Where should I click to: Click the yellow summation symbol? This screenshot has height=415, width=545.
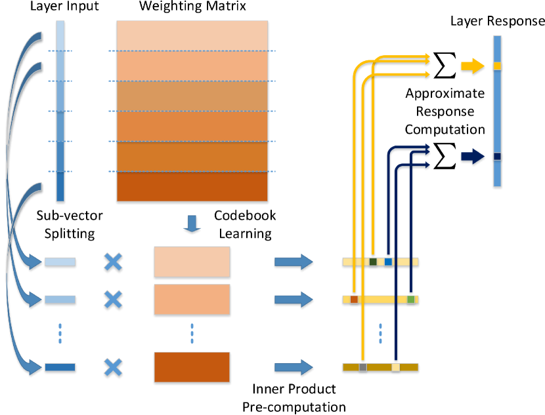click(445, 65)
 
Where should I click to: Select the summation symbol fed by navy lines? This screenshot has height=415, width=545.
click(445, 156)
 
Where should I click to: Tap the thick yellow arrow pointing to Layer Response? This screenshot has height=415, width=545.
click(472, 66)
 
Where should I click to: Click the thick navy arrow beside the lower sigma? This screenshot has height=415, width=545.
click(472, 157)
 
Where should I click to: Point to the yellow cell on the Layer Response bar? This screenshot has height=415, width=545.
click(497, 66)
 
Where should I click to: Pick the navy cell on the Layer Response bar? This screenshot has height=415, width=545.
click(497, 156)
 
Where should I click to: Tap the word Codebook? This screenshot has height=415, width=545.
click(245, 216)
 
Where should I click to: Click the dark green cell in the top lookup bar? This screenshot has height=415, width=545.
click(373, 262)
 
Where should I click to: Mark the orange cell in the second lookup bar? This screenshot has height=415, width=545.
click(354, 300)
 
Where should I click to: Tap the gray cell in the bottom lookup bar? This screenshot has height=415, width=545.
click(362, 367)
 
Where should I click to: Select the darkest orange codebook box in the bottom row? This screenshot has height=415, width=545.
click(192, 367)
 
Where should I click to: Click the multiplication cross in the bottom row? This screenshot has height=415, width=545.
click(114, 367)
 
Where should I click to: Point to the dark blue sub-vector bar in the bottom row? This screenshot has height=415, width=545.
click(60, 367)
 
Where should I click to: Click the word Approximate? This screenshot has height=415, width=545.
click(445, 93)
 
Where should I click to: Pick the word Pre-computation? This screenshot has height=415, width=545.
click(294, 406)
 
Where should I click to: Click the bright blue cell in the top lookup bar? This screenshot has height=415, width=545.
click(388, 262)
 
